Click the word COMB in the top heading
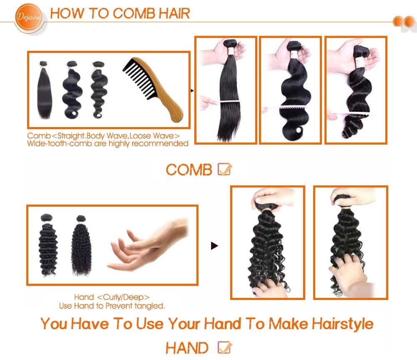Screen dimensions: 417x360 (x=134, y=13)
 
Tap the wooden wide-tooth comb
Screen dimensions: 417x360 (x=153, y=90)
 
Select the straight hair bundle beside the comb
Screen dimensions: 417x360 (x=45, y=90)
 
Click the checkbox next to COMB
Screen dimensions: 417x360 (x=224, y=169)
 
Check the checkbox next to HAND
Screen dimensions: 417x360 (x=224, y=347)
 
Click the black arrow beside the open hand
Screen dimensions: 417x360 (x=214, y=246)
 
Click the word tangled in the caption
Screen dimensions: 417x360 (x=149, y=306)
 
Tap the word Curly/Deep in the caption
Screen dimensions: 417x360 (x=123, y=297)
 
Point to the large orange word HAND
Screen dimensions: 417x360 (x=187, y=348)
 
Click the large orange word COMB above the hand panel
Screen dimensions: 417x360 (x=189, y=170)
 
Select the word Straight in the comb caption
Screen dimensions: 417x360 (x=71, y=136)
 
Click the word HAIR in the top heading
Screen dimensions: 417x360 (x=174, y=13)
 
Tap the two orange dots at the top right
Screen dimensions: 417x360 (x=404, y=22)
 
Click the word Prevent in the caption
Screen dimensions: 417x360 (x=119, y=306)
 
